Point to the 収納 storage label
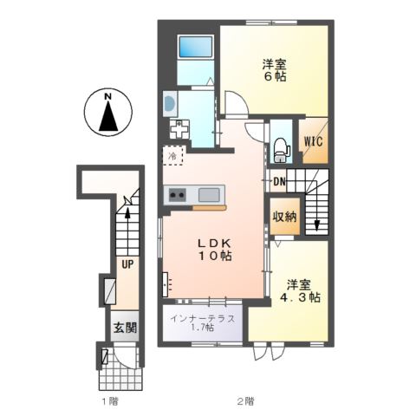(285, 217)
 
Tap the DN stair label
(280, 182)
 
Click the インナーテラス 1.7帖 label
(201, 322)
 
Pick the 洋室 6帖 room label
(274, 69)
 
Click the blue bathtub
(188, 47)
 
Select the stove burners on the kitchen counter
(178, 194)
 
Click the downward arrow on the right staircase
(316, 224)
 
